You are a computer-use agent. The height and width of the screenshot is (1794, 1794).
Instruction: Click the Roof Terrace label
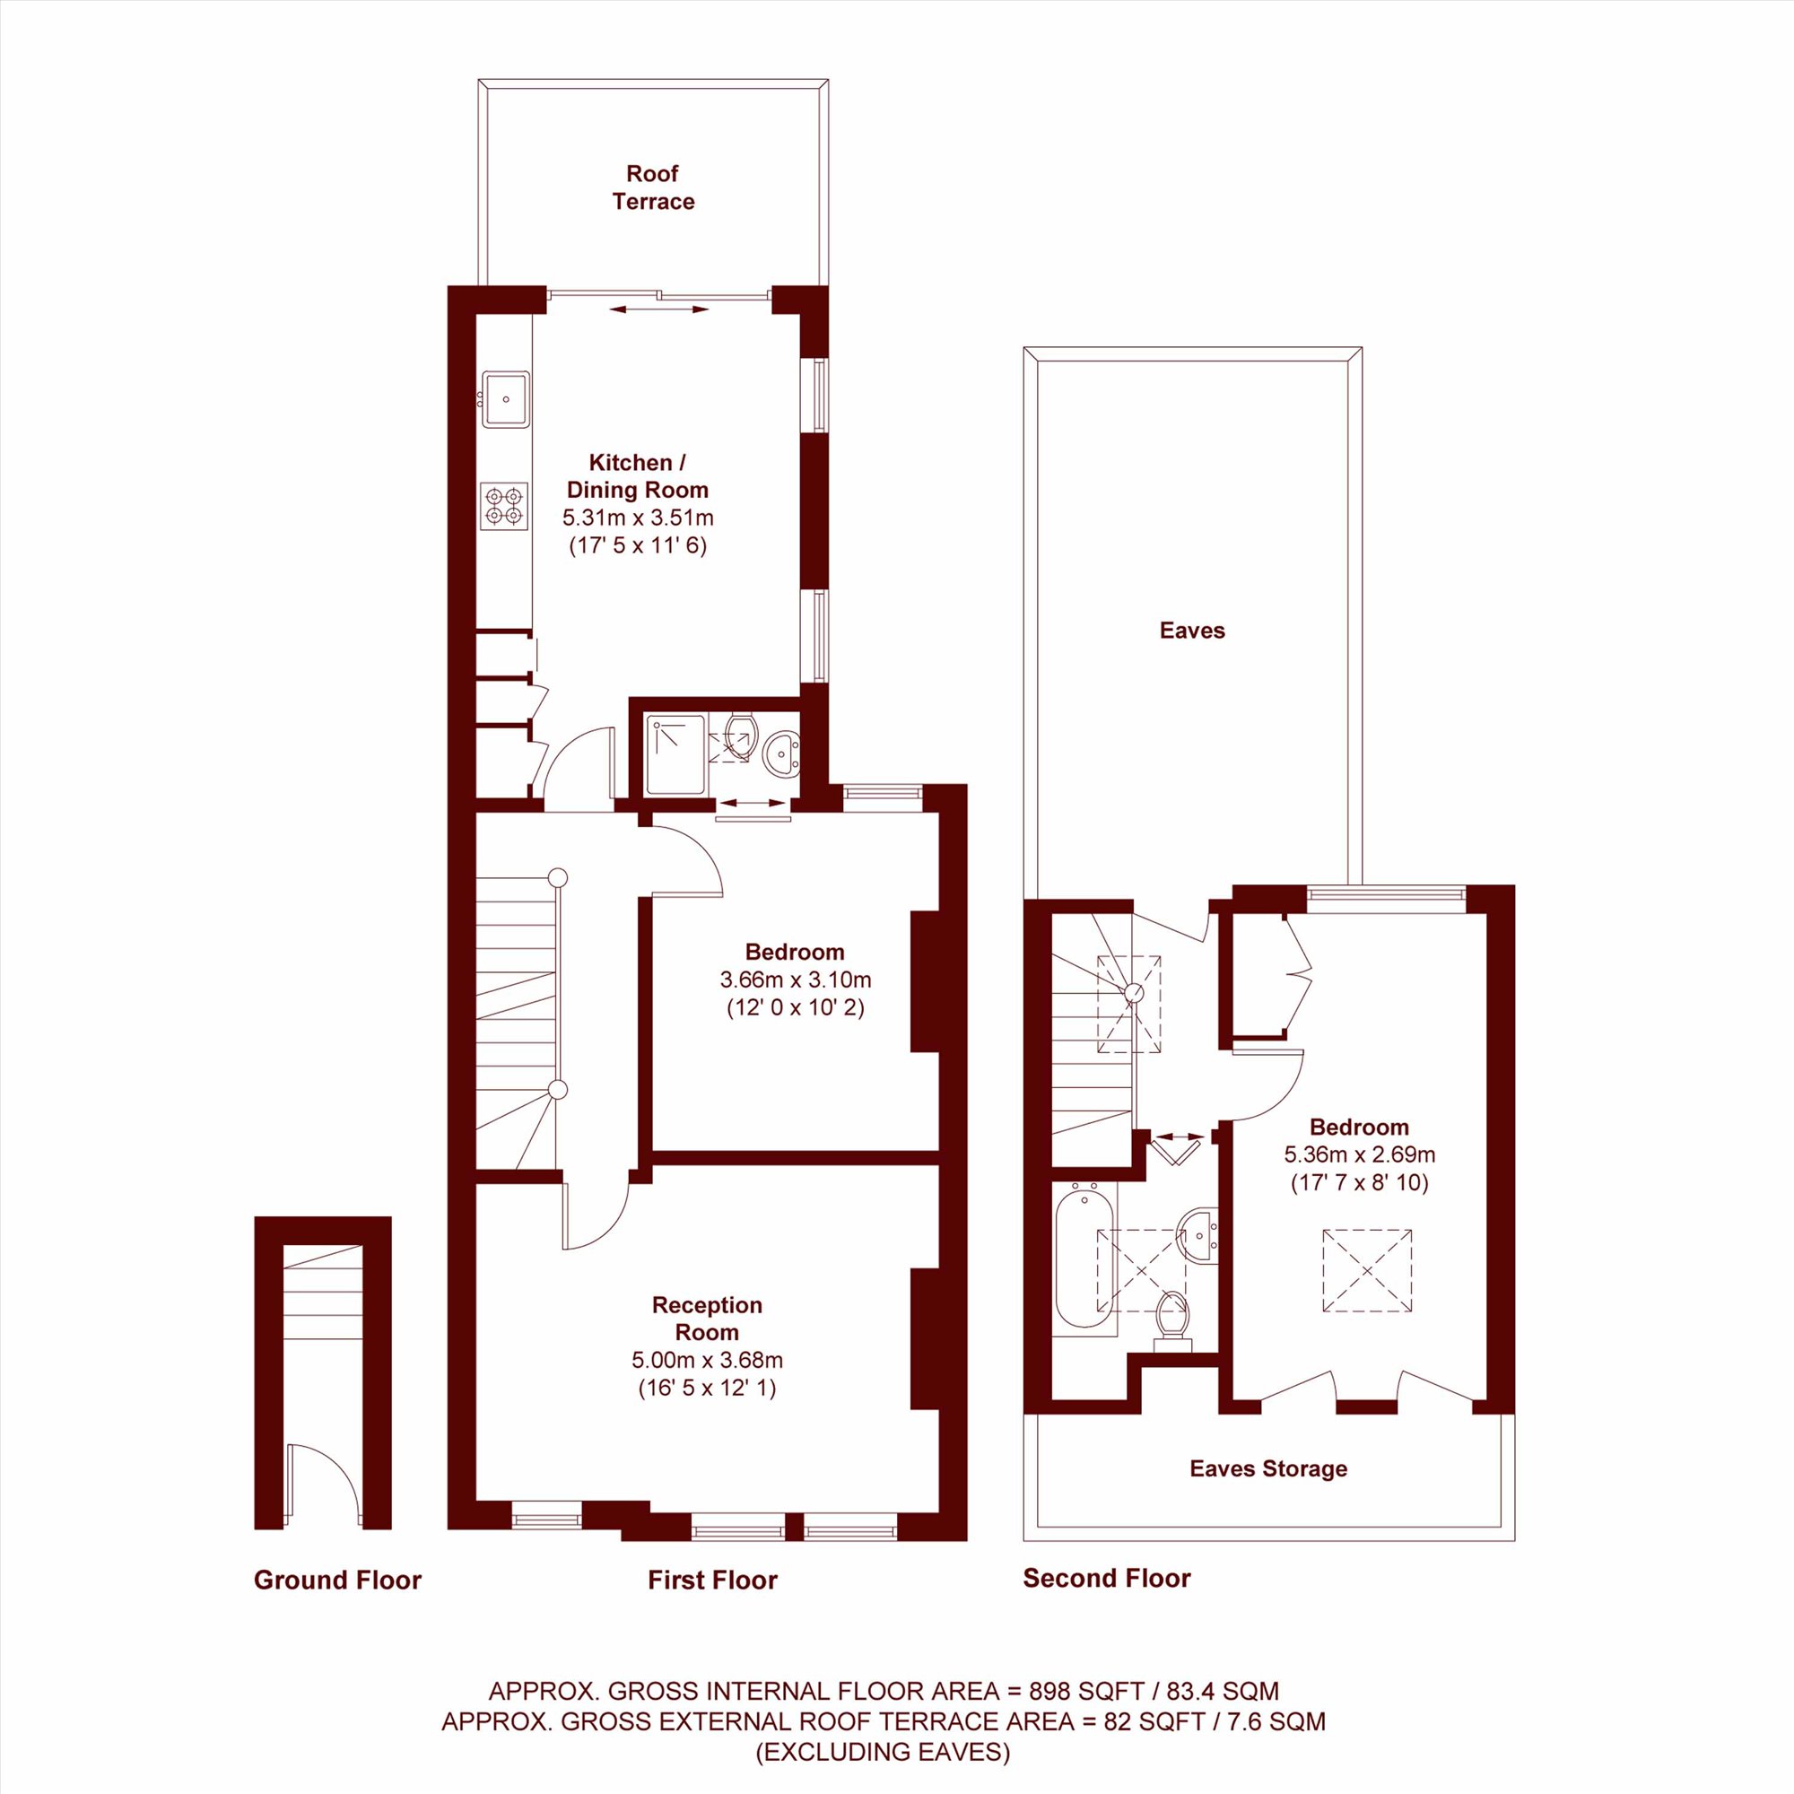[653, 187]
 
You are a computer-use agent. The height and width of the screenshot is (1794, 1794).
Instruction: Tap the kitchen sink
[506, 399]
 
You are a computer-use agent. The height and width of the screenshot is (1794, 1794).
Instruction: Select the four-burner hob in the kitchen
[504, 506]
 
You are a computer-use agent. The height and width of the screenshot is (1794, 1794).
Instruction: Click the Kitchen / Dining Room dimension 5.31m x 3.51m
[638, 518]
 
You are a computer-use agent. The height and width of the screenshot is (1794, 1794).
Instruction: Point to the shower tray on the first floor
[676, 754]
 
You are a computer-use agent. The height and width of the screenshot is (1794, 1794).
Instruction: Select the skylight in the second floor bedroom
[1367, 1270]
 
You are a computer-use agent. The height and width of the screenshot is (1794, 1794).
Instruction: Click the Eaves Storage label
[1268, 1468]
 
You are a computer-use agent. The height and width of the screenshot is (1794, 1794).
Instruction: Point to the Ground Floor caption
[338, 1580]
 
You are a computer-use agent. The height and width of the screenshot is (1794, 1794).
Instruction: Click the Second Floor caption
[1107, 1578]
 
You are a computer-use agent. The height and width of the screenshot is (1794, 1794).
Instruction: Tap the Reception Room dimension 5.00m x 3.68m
[708, 1361]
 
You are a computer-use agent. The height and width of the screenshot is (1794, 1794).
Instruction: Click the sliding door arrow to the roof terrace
[659, 309]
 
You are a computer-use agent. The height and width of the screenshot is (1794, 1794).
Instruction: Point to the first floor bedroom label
[795, 951]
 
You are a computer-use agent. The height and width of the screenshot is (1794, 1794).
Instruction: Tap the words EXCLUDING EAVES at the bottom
[882, 1751]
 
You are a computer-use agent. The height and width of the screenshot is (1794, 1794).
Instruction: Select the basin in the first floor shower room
[781, 754]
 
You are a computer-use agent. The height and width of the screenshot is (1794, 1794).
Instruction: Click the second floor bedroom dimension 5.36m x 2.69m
[1360, 1154]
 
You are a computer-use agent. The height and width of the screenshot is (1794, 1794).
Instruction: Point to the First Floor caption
[712, 1580]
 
